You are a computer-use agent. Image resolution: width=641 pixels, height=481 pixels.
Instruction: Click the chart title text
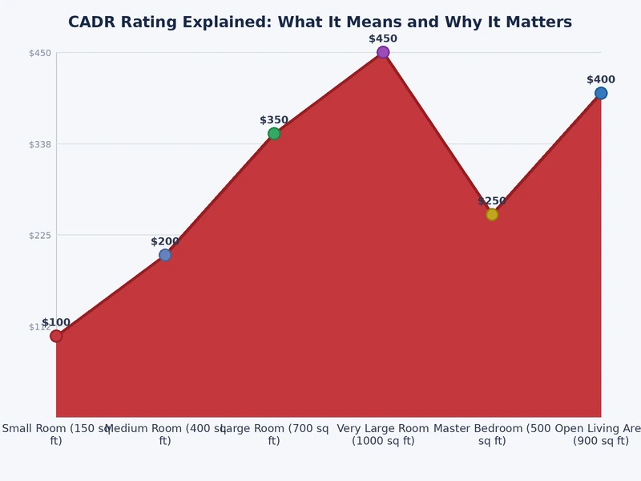coord(320,22)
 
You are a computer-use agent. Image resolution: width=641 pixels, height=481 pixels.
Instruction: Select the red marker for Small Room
coord(56,336)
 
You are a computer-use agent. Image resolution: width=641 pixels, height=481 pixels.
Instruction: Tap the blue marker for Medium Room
coord(165,255)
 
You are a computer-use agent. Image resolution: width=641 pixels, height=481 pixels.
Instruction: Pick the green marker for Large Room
coord(274,133)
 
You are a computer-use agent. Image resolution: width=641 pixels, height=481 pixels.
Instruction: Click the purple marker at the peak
coord(383,52)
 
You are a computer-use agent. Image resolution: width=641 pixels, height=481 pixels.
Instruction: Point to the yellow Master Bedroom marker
coord(492,214)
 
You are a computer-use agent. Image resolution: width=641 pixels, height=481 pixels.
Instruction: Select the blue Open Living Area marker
coord(601,93)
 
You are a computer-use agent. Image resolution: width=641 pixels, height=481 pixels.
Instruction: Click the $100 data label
coord(56,322)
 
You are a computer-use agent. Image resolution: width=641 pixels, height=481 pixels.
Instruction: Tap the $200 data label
coord(165,241)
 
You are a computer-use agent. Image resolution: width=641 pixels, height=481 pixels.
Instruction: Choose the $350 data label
coord(274,120)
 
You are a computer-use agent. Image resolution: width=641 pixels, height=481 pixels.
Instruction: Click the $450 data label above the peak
coord(383,38)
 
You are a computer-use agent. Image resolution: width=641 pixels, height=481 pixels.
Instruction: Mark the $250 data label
coord(492,201)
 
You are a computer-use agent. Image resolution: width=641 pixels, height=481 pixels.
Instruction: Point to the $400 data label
coord(601,79)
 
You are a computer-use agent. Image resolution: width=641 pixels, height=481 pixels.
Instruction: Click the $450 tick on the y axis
coord(40,53)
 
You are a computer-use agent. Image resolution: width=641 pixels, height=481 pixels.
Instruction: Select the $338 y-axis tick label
coord(40,144)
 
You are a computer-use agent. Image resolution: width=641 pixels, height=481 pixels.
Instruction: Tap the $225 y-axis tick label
coord(40,235)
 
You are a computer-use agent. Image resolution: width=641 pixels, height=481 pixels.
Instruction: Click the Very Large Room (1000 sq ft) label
coord(383,435)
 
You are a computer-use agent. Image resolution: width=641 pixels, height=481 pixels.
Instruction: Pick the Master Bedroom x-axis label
coord(492,435)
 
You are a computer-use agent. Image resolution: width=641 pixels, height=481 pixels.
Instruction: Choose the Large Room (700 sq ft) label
coord(274,435)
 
